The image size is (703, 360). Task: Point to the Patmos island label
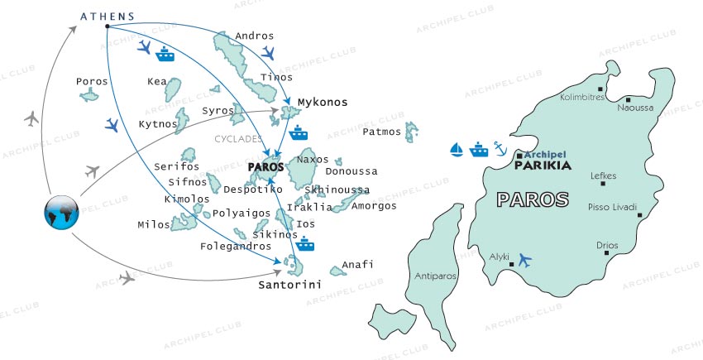point(381,132)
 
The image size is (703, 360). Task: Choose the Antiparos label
point(428,277)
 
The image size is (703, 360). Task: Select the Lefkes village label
point(604,175)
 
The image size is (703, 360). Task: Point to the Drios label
point(607,245)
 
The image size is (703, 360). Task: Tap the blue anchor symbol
point(499,148)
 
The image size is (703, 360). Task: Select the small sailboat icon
point(456,149)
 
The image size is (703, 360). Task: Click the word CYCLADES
point(238,139)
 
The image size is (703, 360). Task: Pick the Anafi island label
point(358,264)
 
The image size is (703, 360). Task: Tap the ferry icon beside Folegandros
point(306,243)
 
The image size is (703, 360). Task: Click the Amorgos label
point(374,205)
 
